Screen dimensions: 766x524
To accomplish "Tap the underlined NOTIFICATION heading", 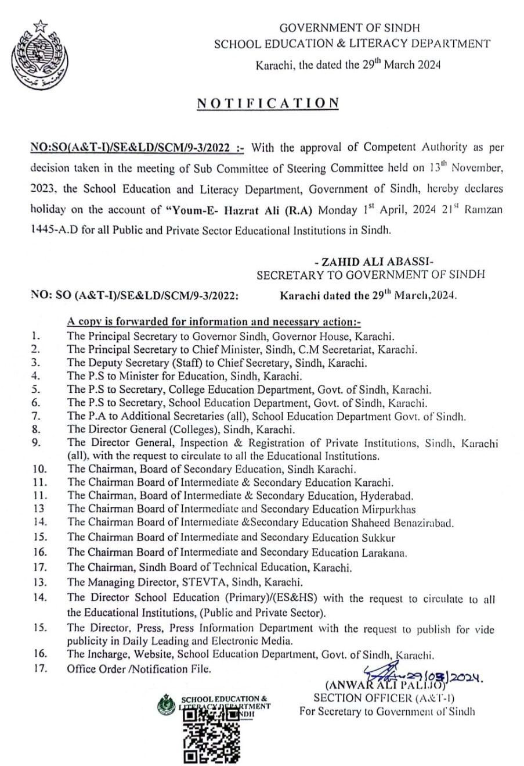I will tap(268, 103).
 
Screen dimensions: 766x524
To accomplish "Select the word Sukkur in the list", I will tap(379, 537).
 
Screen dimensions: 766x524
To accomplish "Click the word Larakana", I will tap(384, 552).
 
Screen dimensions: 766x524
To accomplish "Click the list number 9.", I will tap(36, 443).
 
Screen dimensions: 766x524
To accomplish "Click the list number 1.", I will tap(36, 335).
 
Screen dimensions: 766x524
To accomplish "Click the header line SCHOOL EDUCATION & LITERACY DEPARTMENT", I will tap(352, 44).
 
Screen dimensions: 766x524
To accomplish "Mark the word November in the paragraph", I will tap(479, 169).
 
